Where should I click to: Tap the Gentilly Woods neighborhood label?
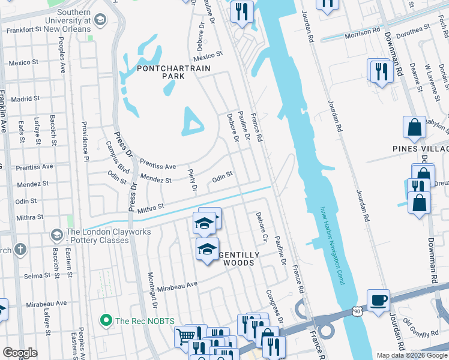pyautogui.click(x=239, y=259)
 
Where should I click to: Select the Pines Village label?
pyautogui.click(x=420, y=148)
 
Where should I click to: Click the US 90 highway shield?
pyautogui.click(x=358, y=311)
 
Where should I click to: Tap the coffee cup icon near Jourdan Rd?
pyautogui.click(x=378, y=301)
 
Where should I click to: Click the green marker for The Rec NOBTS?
pyautogui.click(x=107, y=321)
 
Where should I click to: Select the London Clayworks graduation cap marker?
pyautogui.click(x=58, y=233)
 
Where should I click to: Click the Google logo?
pyautogui.click(x=20, y=352)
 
